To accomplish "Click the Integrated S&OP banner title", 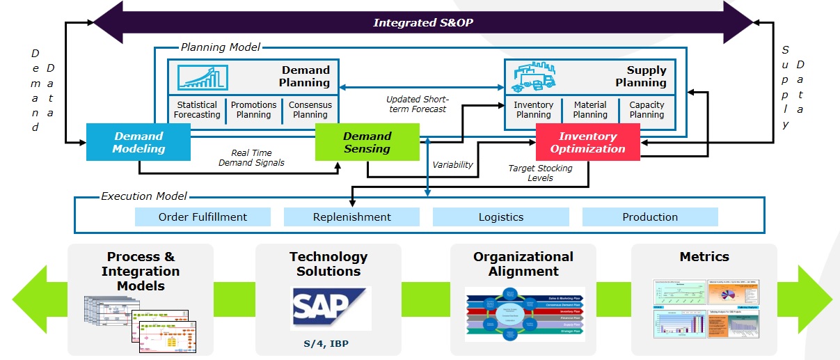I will (x=423, y=22).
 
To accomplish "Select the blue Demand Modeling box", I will (x=140, y=142).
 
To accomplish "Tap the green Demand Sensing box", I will (x=367, y=142).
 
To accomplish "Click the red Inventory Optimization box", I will (x=587, y=142).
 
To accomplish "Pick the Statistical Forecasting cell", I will (x=197, y=110).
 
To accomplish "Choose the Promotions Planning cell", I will (x=254, y=110).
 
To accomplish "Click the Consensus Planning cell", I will (x=310, y=110).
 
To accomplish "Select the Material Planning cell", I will (x=590, y=110).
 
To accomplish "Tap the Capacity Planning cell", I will (x=647, y=110).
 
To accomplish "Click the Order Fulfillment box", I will (x=203, y=217).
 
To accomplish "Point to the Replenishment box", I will (x=351, y=217).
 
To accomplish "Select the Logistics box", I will (x=500, y=217).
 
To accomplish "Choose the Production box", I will (x=650, y=217).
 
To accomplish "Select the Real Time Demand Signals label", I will (x=251, y=157).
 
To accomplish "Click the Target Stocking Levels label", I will (x=540, y=173).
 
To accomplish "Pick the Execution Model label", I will (x=144, y=196).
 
